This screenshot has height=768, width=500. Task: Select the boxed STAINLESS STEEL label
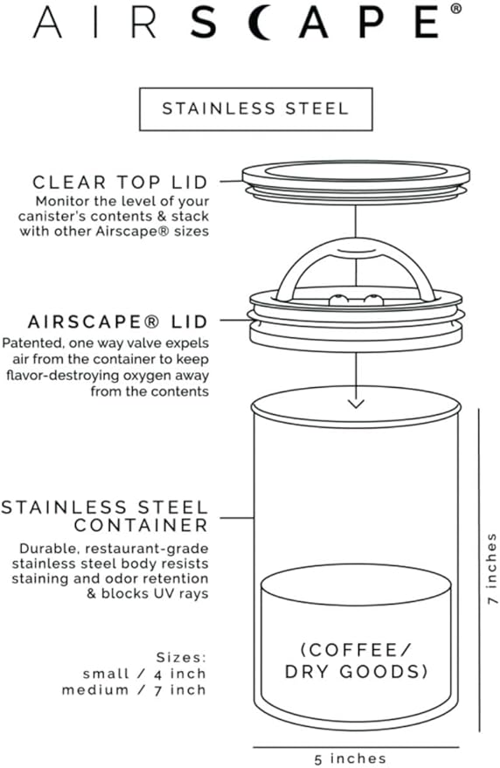[255, 109]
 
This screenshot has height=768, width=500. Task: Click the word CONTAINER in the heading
[141, 525]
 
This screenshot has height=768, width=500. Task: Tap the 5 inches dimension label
[356, 758]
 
